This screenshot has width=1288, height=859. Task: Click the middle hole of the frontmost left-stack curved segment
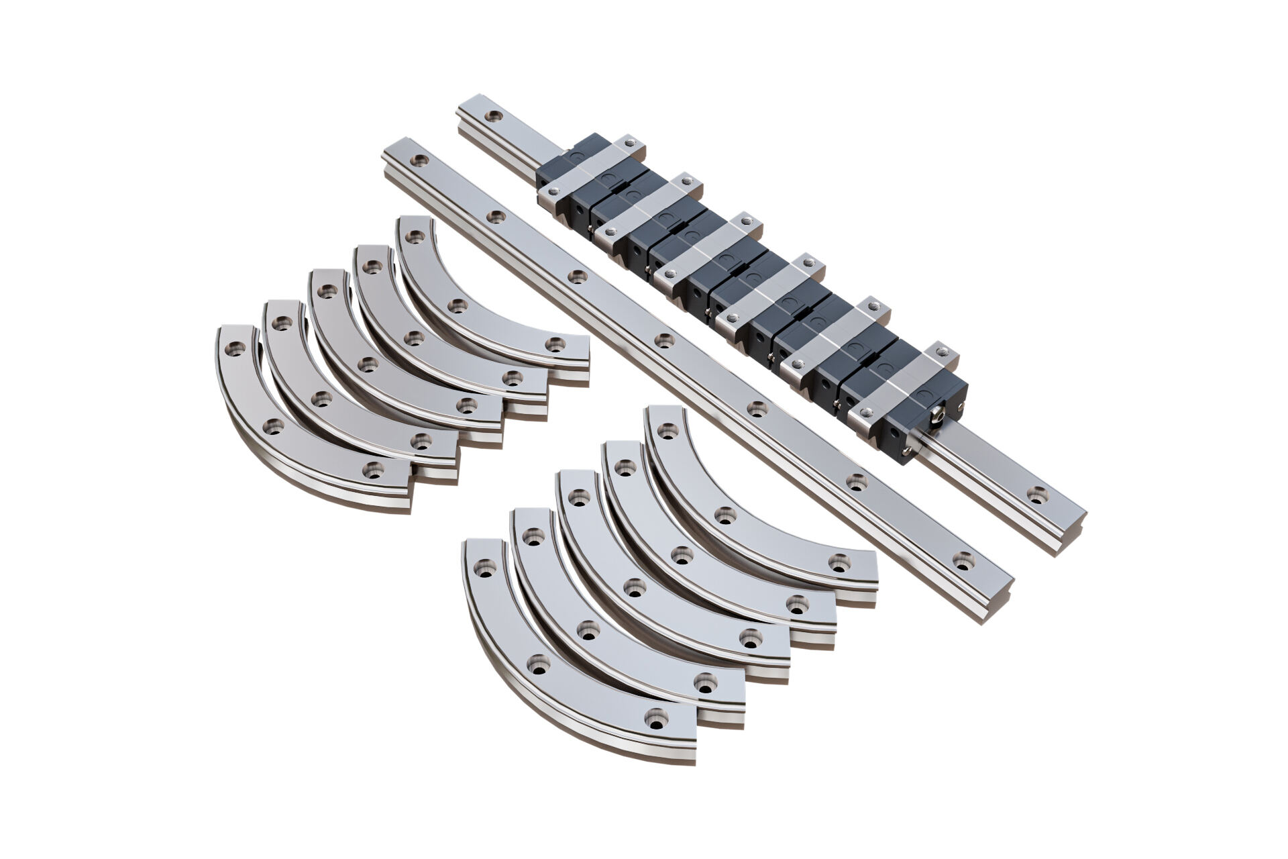point(274,425)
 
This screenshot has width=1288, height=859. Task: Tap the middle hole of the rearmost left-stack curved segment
point(458,306)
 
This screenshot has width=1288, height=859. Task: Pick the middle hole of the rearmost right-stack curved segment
point(722,515)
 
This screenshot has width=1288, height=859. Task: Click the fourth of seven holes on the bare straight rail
point(664,340)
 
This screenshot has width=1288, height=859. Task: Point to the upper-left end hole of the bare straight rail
point(420,160)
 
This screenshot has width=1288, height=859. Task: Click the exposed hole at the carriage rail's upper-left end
point(494,117)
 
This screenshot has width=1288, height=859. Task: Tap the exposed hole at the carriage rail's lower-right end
point(1038,495)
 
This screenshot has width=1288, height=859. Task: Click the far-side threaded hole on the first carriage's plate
point(630,142)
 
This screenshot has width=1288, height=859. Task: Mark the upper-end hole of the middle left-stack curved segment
point(327,291)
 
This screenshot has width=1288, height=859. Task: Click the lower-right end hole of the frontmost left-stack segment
point(373,470)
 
